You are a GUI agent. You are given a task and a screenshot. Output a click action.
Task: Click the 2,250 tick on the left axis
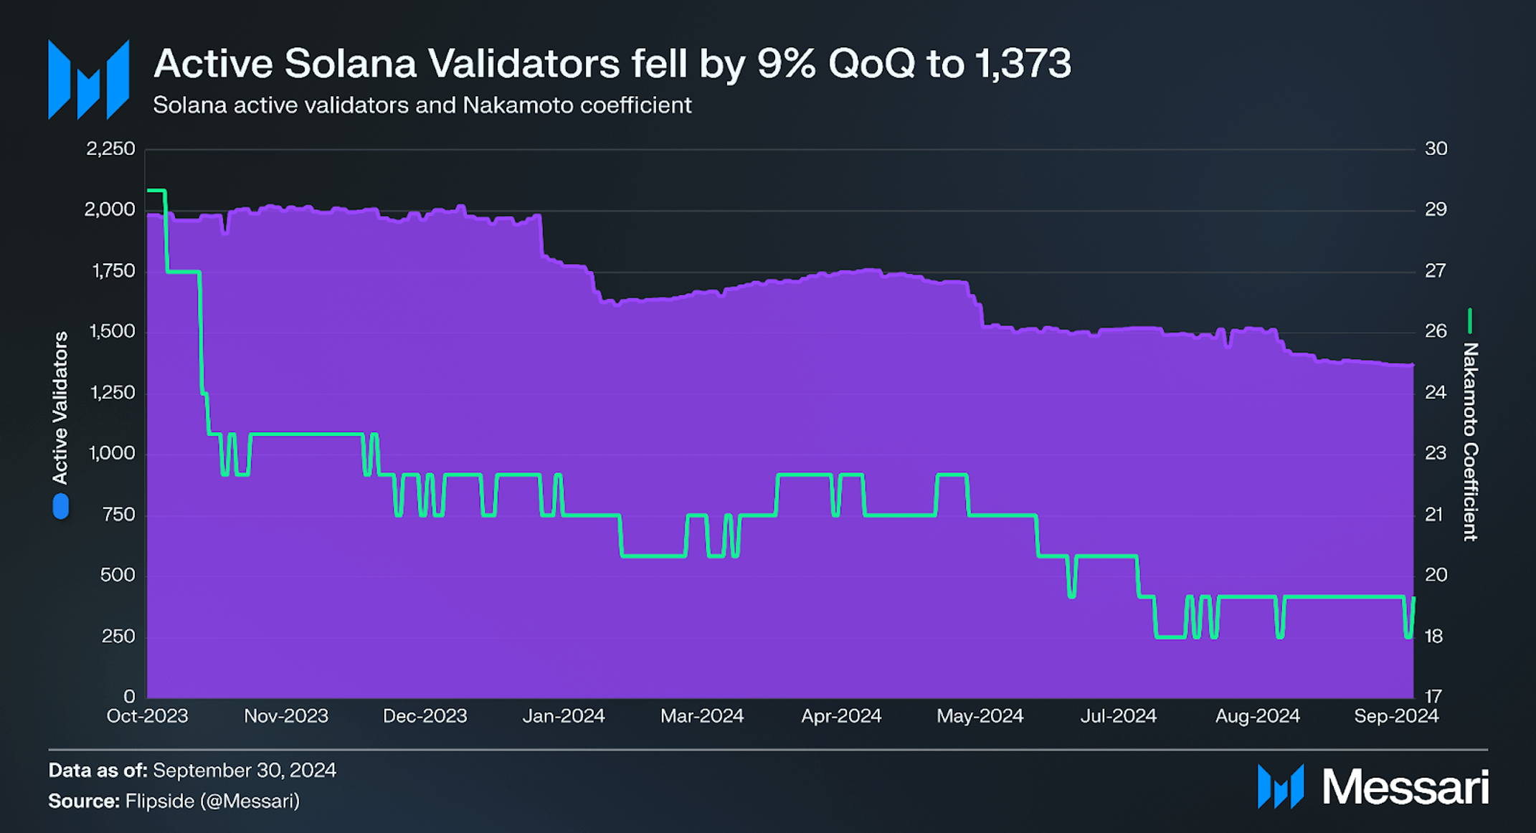[x=110, y=149]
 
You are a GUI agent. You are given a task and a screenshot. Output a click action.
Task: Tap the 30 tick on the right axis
[x=1436, y=149]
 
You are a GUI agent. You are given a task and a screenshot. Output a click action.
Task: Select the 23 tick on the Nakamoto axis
[x=1434, y=454]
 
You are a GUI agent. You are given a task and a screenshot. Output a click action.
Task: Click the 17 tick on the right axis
[x=1433, y=696]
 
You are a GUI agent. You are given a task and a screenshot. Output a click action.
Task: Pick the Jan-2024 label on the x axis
[x=563, y=716]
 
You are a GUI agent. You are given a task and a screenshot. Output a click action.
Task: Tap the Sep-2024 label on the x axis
[x=1395, y=716]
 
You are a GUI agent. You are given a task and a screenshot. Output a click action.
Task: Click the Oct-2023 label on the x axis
[x=147, y=716]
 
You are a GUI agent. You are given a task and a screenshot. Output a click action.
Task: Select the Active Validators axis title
[x=60, y=407]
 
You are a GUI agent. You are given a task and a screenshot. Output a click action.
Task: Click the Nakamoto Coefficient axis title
[x=1470, y=442]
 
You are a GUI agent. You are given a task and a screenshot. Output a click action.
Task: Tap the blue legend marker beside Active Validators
[x=61, y=506]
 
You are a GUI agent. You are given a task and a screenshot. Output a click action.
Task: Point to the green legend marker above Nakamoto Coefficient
[x=1469, y=320]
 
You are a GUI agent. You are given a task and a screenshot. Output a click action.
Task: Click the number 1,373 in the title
[x=1023, y=63]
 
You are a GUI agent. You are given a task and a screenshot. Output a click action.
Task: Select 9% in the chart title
[x=786, y=63]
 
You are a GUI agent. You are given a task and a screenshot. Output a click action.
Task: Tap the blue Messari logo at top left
[x=88, y=80]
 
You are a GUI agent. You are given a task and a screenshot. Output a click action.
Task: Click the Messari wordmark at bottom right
[x=1405, y=787]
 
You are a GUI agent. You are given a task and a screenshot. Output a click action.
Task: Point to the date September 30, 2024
[x=244, y=771]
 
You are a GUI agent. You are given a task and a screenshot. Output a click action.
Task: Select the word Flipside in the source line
[x=159, y=801]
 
